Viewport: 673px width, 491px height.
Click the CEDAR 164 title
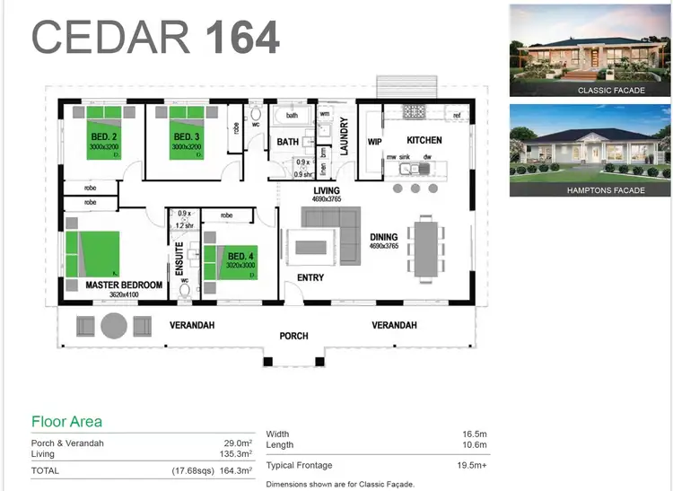[156, 37]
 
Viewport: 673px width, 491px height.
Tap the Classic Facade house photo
[590, 50]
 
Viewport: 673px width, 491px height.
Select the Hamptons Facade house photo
[590, 150]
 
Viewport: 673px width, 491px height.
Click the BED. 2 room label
[104, 136]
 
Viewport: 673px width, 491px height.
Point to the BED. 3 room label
[188, 136]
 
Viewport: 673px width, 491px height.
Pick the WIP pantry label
[375, 142]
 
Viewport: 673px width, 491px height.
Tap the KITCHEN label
[424, 141]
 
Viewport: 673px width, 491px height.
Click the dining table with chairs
[424, 247]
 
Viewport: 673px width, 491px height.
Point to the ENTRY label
[310, 278]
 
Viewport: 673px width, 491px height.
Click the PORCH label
[293, 336]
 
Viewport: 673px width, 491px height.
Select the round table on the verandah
[114, 325]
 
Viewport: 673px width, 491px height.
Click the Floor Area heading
[66, 422]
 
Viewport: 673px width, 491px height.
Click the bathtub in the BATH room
[293, 116]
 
